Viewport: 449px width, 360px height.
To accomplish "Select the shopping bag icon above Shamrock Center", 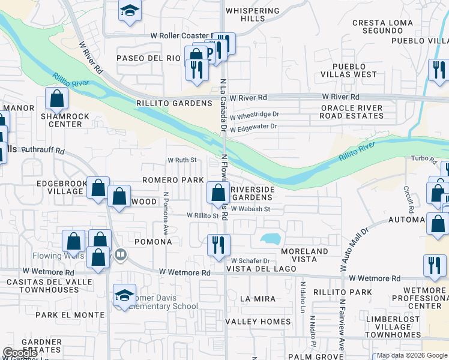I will click(56, 97).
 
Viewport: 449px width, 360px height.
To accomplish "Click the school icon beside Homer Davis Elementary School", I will click(125, 295).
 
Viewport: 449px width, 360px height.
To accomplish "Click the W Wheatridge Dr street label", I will click(255, 114).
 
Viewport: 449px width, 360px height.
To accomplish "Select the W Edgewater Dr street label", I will click(253, 127).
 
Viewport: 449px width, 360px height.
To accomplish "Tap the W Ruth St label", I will click(182, 160).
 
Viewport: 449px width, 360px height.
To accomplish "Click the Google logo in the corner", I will click(20, 353).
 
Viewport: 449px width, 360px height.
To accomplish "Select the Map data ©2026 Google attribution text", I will click(412, 355).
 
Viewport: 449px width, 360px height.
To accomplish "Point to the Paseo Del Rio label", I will click(148, 58).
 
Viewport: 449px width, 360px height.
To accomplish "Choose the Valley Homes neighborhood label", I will click(258, 322).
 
